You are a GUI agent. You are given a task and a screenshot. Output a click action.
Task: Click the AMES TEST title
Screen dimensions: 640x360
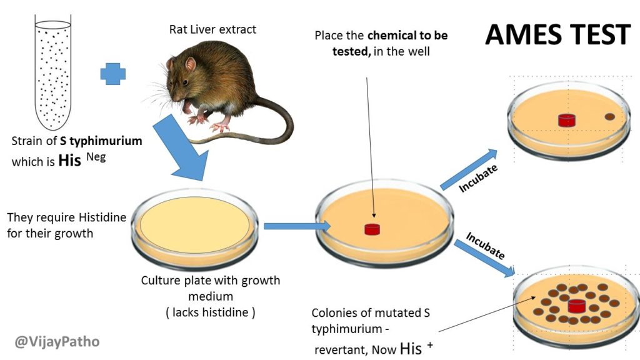(557, 34)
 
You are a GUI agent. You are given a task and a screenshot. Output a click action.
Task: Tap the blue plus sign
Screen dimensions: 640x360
(113, 74)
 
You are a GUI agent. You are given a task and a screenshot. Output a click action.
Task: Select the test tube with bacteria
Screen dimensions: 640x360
(53, 72)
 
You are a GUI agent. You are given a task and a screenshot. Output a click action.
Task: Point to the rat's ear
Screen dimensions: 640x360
(190, 64)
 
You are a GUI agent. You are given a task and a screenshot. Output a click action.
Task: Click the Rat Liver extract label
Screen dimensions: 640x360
(212, 29)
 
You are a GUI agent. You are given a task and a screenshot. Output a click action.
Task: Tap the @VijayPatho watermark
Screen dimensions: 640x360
(57, 341)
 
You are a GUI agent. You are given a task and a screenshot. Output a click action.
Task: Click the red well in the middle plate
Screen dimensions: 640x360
(372, 229)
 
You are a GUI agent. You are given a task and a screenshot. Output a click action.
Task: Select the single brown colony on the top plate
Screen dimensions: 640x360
(610, 117)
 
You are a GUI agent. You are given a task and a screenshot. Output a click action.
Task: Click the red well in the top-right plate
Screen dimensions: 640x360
(566, 120)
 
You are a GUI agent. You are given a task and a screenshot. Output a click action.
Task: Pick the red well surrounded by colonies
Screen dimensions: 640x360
(576, 306)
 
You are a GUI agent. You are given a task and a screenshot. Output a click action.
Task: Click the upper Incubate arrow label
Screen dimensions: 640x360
(478, 178)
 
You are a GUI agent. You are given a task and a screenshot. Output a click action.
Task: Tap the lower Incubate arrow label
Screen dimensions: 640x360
(486, 246)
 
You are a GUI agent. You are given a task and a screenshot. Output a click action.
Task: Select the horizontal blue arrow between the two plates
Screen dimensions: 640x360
(297, 226)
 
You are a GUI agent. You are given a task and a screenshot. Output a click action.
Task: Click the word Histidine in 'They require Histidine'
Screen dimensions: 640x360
(102, 217)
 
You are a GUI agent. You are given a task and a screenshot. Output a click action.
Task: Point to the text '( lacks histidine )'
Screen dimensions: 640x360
(211, 312)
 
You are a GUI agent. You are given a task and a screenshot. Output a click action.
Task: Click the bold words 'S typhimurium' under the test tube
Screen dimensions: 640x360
(101, 141)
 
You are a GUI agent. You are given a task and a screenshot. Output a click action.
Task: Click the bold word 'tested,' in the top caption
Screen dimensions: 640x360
(351, 52)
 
